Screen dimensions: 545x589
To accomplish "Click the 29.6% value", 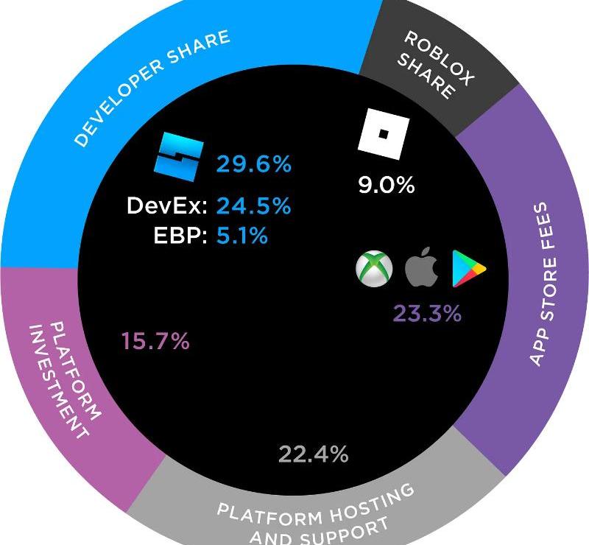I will pyautogui.click(x=253, y=164).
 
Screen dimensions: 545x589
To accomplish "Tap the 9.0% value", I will pyautogui.click(x=387, y=186).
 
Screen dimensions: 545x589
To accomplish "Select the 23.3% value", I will pyautogui.click(x=427, y=314).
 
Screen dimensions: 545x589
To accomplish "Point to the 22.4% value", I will pyautogui.click(x=313, y=454).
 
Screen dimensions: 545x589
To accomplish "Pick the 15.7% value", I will pyautogui.click(x=155, y=342).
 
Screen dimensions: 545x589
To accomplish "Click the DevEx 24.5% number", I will pyautogui.click(x=253, y=206).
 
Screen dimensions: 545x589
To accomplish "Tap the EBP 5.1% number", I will pyautogui.click(x=242, y=236).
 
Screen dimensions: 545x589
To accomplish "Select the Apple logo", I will pyautogui.click(x=422, y=269).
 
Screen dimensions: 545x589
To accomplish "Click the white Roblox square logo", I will pyautogui.click(x=384, y=133).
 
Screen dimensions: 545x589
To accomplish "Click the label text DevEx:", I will pyautogui.click(x=166, y=206).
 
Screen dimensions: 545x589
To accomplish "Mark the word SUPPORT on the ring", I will pyautogui.click(x=345, y=528).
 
